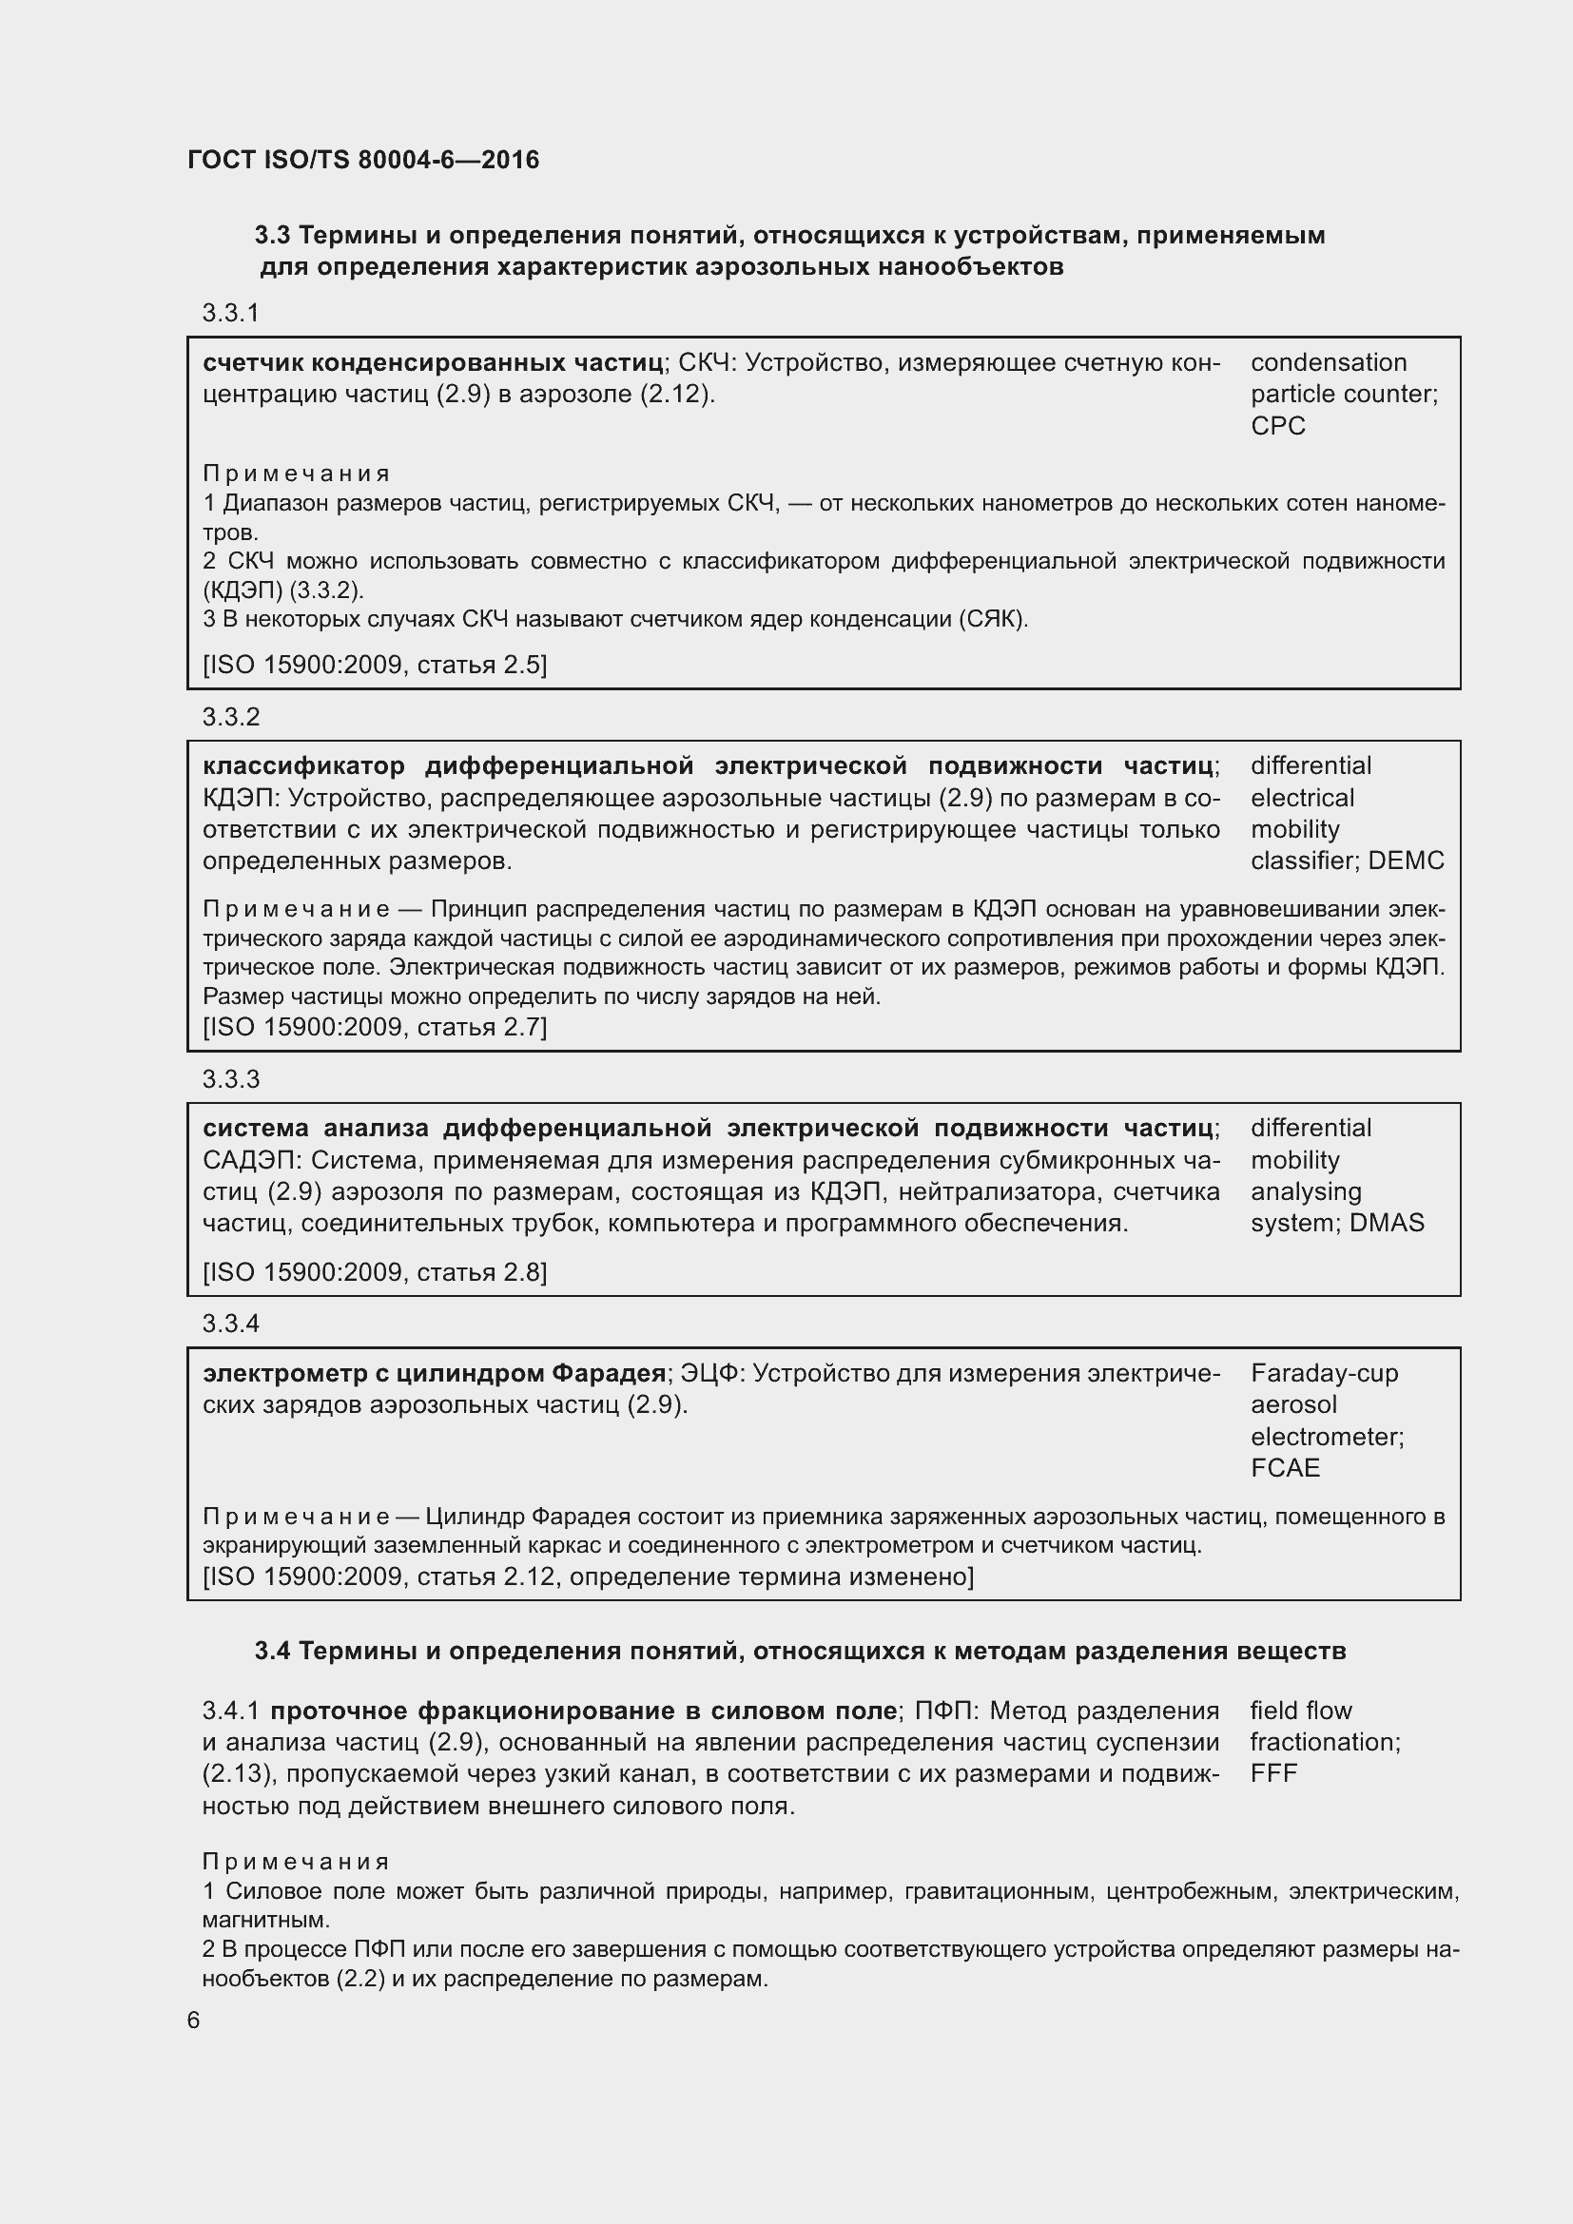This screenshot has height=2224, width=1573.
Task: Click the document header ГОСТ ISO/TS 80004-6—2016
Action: (x=363, y=160)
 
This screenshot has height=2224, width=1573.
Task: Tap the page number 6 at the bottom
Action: (x=194, y=2020)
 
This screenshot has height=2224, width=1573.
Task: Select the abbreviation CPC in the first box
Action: (x=1276, y=426)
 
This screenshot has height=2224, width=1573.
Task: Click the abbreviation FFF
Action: (x=1272, y=1772)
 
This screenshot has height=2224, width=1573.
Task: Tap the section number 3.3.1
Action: (x=230, y=313)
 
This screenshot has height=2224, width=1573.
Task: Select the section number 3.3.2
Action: (x=230, y=717)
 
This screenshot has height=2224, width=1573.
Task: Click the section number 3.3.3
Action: (x=230, y=1079)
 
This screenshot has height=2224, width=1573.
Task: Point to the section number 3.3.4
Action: (x=230, y=1324)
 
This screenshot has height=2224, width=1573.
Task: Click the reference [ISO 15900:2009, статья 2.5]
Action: (x=374, y=665)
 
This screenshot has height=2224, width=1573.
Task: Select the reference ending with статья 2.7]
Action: (x=374, y=1027)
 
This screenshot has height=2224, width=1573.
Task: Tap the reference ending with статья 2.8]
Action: (x=374, y=1272)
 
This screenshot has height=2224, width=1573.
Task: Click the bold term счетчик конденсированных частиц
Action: (x=432, y=363)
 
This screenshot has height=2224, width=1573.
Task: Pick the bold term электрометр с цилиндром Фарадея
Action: (x=434, y=1373)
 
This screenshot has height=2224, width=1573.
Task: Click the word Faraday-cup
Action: (x=1323, y=1373)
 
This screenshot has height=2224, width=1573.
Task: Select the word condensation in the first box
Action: (x=1328, y=363)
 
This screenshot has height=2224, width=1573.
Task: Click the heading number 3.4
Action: (x=272, y=1651)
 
